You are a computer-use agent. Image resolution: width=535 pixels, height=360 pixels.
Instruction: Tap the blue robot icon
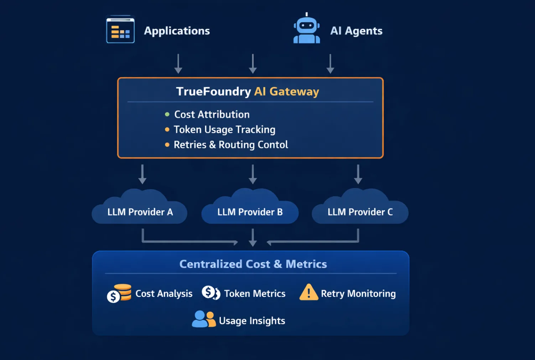point(306,29)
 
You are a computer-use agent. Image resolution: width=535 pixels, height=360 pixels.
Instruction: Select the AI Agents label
point(356,31)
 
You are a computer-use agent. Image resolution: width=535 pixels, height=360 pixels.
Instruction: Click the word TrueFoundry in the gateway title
point(213,92)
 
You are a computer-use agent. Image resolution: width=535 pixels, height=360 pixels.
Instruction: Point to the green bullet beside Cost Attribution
point(167,114)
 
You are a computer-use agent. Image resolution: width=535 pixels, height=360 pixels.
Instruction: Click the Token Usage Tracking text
point(224,130)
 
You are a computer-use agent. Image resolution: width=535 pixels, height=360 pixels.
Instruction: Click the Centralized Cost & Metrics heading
point(253,264)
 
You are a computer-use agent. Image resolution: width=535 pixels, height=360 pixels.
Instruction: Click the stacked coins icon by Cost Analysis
point(120,293)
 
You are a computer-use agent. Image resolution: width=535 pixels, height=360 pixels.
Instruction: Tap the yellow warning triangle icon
point(308,292)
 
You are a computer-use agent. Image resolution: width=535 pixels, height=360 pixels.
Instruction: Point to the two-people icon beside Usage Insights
point(204,319)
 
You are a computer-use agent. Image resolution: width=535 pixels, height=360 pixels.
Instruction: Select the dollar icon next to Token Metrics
point(211,293)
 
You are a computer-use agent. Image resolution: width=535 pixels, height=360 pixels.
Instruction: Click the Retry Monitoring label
point(358,294)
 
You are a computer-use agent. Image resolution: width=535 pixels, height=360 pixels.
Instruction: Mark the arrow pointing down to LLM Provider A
point(142,174)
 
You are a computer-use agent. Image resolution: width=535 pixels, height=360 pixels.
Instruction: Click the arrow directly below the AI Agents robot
point(330,63)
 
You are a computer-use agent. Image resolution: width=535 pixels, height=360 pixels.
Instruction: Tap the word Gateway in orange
point(294,92)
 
